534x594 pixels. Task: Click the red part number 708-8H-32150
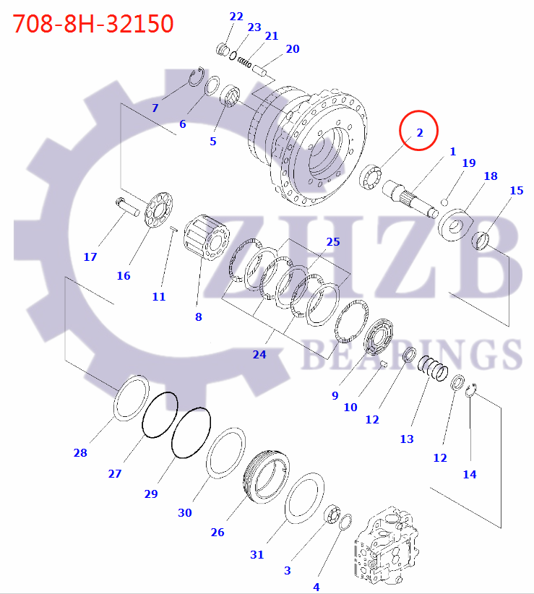(x=93, y=23)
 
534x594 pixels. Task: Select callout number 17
(x=90, y=257)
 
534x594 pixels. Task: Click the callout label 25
(x=332, y=241)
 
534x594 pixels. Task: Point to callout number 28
(x=79, y=453)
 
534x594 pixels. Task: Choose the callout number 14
(x=470, y=475)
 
